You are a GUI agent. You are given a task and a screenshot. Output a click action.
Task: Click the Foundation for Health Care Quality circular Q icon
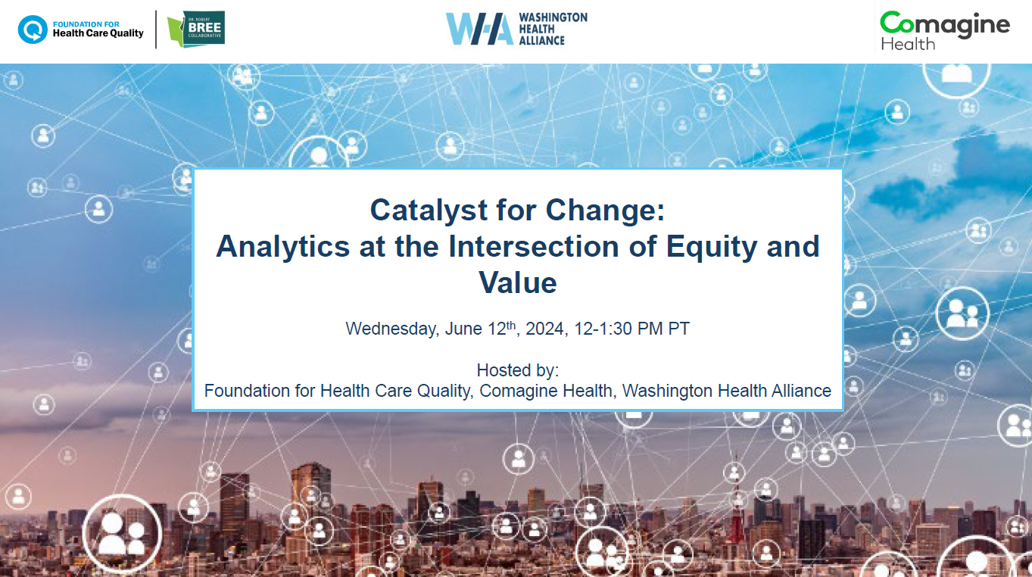coord(33,30)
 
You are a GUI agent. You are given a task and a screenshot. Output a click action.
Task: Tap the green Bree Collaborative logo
coord(196,29)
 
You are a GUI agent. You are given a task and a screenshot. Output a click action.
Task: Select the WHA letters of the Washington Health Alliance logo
coord(479,29)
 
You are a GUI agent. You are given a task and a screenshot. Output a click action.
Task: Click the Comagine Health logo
coord(944,30)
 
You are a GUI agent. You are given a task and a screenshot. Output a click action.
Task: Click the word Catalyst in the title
coord(429,211)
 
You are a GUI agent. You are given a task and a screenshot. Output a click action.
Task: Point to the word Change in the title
coord(605,211)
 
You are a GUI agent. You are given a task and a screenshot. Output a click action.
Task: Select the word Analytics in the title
coord(283,247)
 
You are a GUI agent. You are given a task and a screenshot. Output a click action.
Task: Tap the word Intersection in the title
coord(534,246)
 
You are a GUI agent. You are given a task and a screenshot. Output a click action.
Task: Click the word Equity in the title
coord(711,247)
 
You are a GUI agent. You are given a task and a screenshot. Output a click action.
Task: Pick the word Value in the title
coord(518,282)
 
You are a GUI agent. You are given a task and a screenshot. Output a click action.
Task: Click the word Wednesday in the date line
coord(392,329)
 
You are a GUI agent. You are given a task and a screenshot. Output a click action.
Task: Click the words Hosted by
coord(518,370)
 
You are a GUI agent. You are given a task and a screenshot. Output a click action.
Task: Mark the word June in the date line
coord(463,329)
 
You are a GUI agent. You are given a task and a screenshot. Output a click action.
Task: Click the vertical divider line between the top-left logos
coord(156,29)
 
